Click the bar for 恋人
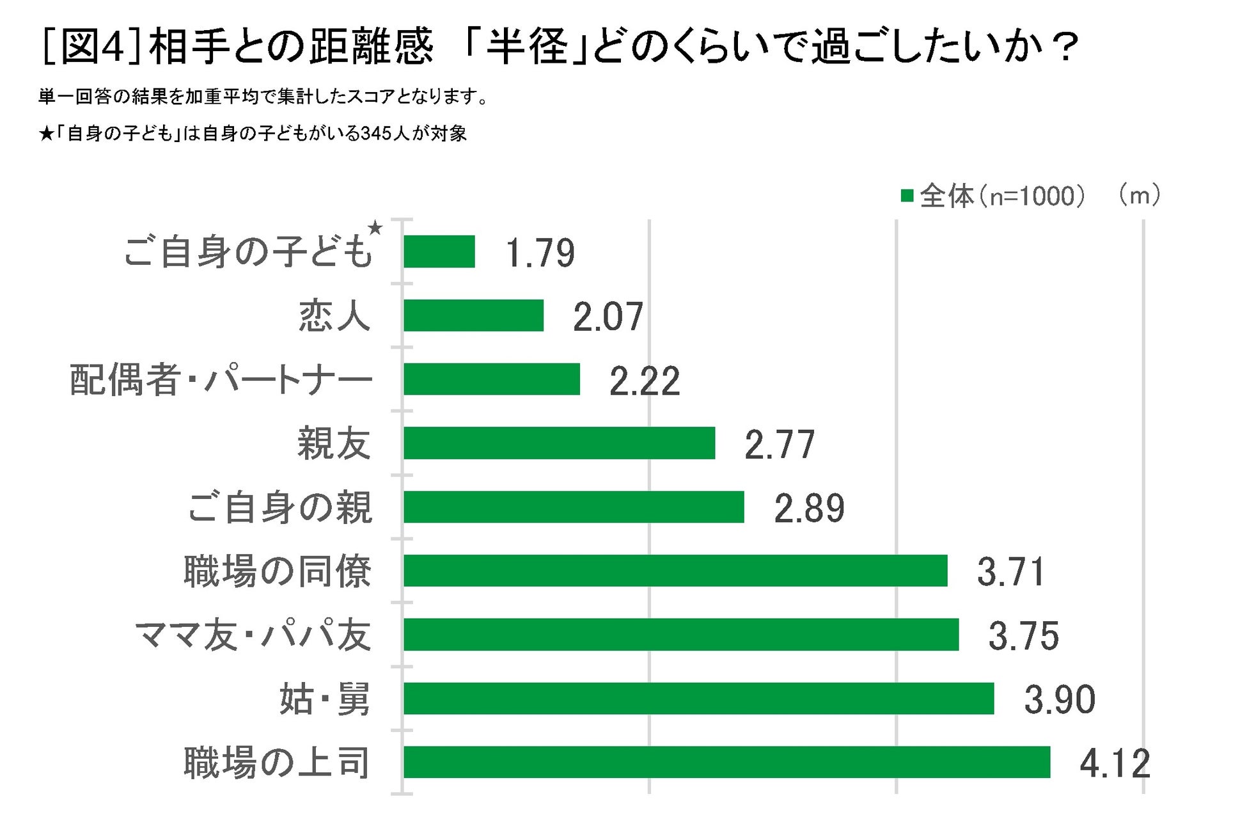473,315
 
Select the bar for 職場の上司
726,762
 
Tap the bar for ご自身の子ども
439,251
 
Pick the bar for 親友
559,443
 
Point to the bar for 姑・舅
698,698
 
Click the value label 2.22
644,381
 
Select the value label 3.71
1010,572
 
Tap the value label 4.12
1115,763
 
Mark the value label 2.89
809,509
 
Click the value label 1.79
540,253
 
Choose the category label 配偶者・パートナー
221,379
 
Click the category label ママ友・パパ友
253,635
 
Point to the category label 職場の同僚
277,571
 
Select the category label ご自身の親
279,507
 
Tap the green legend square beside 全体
906,196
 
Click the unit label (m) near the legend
1140,195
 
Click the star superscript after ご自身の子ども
375,227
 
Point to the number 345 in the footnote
377,134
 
